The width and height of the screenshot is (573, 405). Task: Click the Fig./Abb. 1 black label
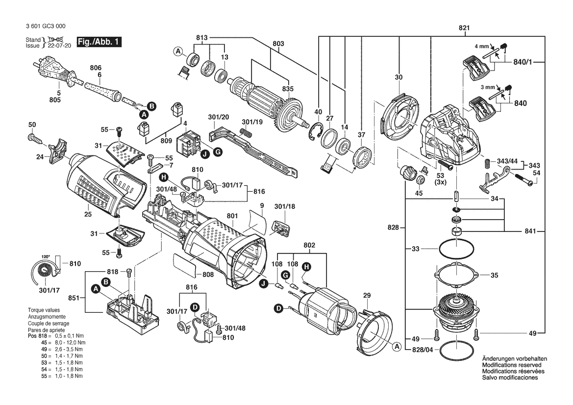[x=99, y=42]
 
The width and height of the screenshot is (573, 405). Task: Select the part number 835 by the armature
[x=287, y=89]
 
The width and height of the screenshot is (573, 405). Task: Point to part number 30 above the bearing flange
[x=398, y=77]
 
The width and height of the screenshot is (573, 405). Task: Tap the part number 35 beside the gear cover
[x=494, y=275]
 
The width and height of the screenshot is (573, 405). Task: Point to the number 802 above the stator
[x=309, y=245]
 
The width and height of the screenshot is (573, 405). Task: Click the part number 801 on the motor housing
[x=232, y=216]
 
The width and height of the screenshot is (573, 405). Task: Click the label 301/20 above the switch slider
[x=218, y=117]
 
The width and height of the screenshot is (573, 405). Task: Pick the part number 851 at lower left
[x=75, y=298]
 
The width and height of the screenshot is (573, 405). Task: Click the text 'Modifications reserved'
[x=512, y=365]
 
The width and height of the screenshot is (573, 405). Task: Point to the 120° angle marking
[x=45, y=257]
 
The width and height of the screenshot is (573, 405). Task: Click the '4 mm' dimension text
[x=482, y=47]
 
